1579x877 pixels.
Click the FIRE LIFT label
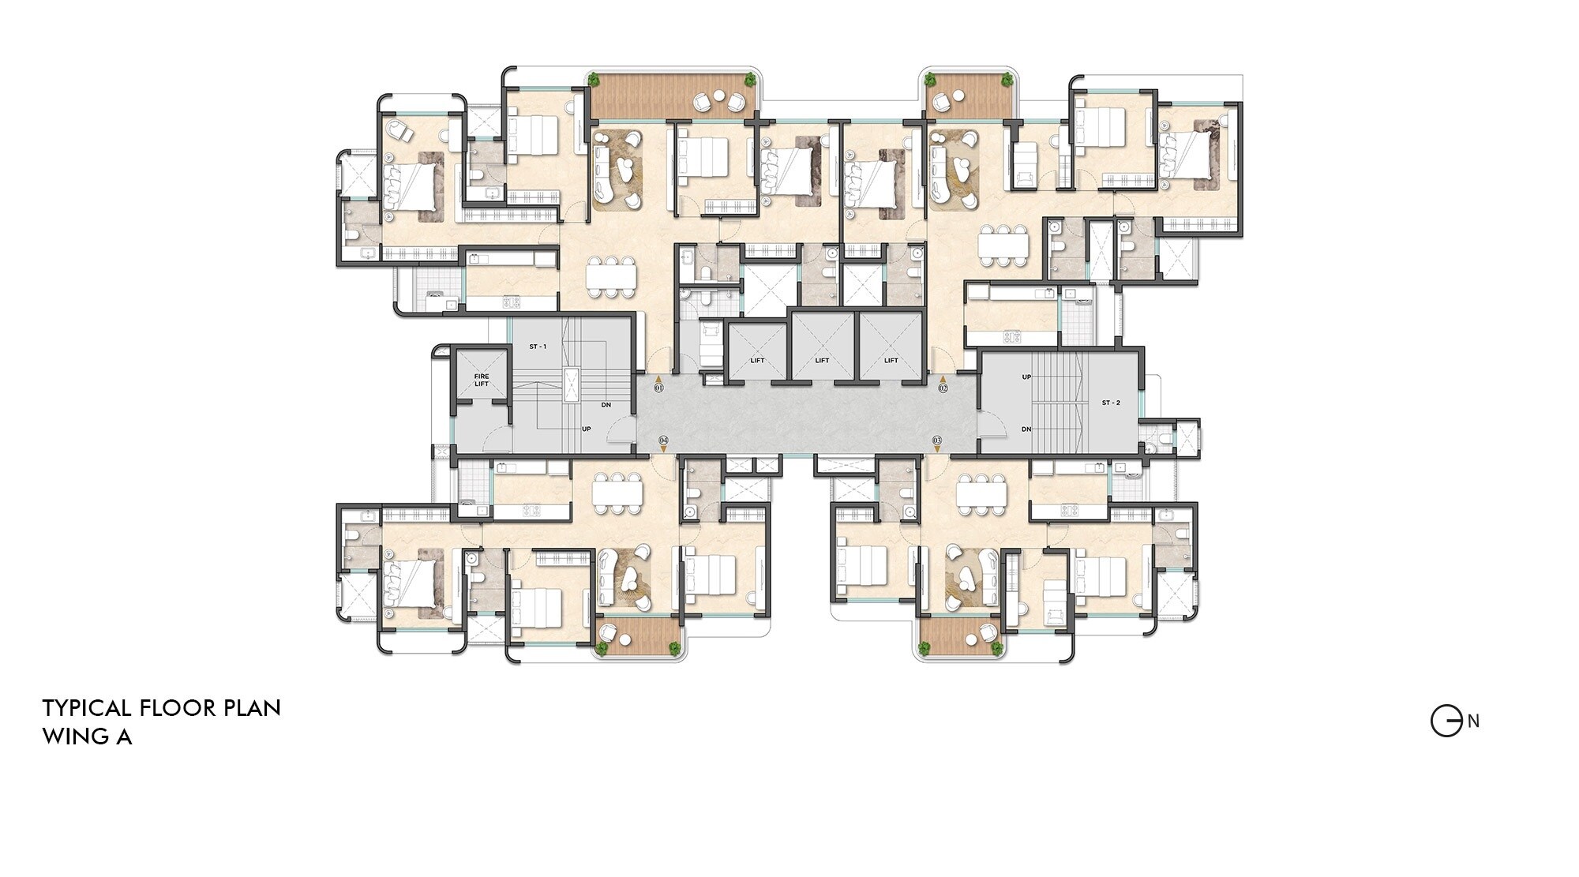click(x=482, y=380)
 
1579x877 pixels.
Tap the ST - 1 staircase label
click(x=538, y=347)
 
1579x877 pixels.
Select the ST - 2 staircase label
click(x=1111, y=403)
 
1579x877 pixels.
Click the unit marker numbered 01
click(x=659, y=388)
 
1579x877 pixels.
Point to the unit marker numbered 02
click(x=943, y=388)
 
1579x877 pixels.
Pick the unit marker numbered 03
click(x=937, y=440)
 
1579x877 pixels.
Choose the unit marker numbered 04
click(x=663, y=440)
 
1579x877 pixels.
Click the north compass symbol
click(x=1446, y=721)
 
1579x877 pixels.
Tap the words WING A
click(x=87, y=736)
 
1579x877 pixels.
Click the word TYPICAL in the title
click(x=88, y=708)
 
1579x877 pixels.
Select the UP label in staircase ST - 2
click(x=1026, y=377)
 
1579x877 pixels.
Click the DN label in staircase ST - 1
click(x=606, y=405)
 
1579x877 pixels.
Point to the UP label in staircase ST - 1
click(x=587, y=429)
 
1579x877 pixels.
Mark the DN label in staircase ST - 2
click(x=1026, y=429)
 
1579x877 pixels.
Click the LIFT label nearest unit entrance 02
click(x=891, y=361)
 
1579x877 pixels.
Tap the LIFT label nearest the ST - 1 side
click(x=757, y=361)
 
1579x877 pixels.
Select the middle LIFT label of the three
click(x=822, y=361)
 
